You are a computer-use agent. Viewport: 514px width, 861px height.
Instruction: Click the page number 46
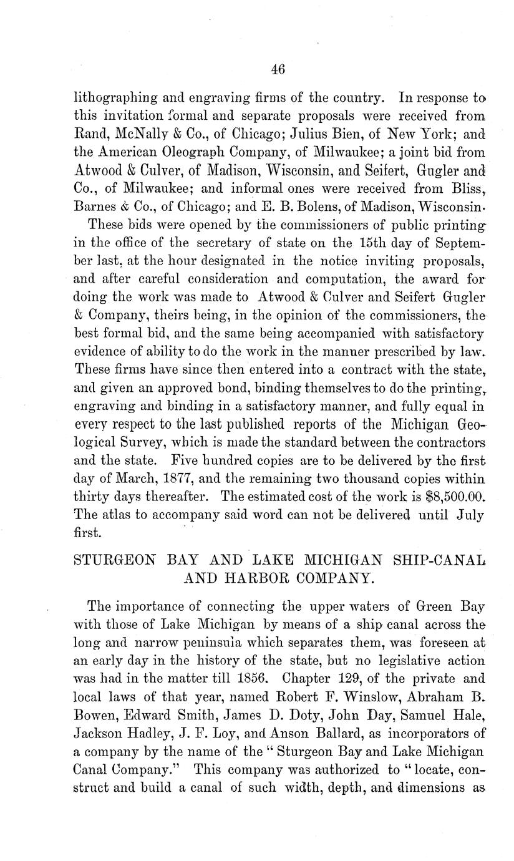278,70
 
